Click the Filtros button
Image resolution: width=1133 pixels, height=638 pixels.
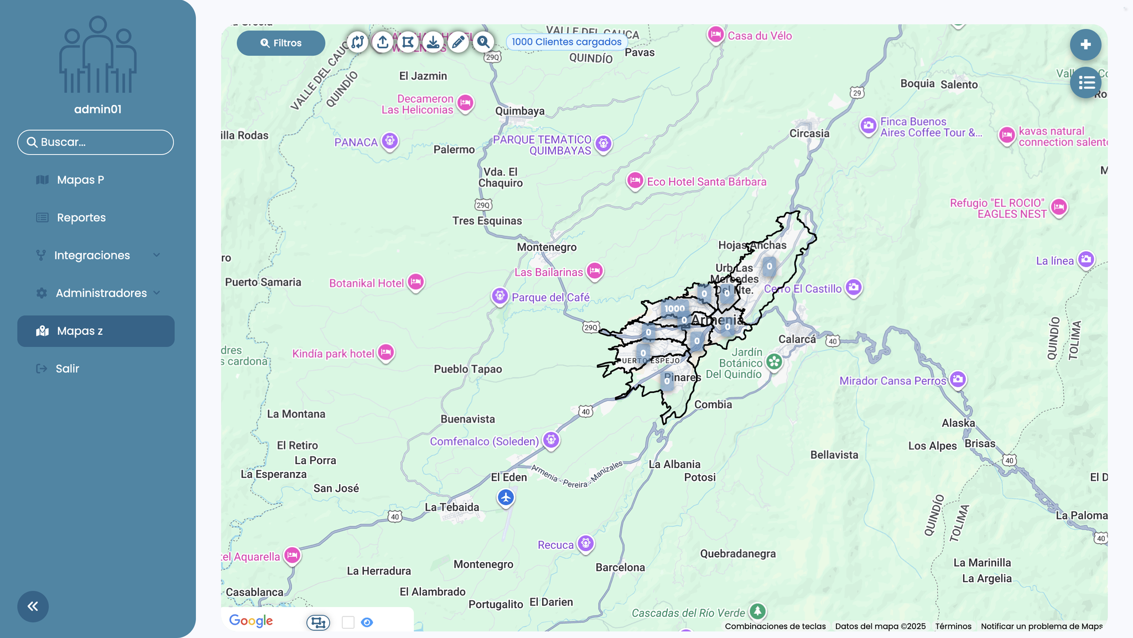tap(281, 43)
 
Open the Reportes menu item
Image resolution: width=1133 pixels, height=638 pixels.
tap(81, 217)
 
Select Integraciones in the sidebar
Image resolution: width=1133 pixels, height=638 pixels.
tap(92, 255)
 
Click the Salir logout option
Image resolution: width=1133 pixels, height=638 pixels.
tap(67, 369)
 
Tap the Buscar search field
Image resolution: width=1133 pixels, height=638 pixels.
tap(96, 142)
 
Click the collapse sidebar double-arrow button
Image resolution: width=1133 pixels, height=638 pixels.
tap(33, 606)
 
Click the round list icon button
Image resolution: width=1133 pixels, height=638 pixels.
tap(1085, 83)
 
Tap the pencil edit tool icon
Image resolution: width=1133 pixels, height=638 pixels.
tap(458, 42)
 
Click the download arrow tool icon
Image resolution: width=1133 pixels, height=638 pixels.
tap(433, 42)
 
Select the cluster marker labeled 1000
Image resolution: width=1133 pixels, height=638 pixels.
tap(674, 309)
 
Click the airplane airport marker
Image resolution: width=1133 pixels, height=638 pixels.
tap(506, 497)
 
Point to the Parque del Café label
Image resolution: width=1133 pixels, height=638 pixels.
tap(550, 298)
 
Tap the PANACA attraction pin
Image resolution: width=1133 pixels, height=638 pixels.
tap(390, 141)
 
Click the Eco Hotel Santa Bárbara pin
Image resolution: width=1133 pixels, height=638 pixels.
tap(635, 180)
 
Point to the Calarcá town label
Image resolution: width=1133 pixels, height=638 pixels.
tap(797, 339)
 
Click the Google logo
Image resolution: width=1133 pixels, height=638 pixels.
tap(251, 621)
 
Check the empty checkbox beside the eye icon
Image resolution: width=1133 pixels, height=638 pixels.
tap(348, 623)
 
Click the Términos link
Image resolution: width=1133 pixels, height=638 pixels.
tap(953, 626)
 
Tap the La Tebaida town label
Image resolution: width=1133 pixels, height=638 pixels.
tap(452, 507)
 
